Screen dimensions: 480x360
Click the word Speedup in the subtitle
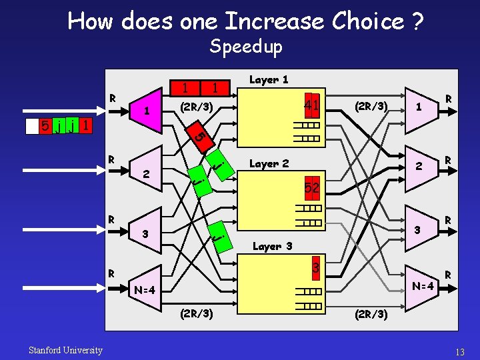(245, 46)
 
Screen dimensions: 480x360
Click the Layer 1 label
(268, 79)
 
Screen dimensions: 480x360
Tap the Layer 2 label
(269, 163)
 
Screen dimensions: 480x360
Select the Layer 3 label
(272, 246)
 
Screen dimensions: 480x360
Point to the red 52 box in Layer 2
(312, 189)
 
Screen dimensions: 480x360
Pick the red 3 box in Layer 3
(317, 267)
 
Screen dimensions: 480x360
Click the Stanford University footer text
(65, 350)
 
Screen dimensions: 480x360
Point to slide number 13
(459, 351)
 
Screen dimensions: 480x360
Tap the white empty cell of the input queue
(31, 126)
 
